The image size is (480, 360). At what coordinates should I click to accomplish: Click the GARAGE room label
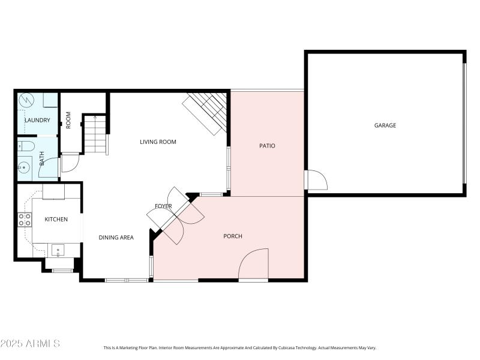385,125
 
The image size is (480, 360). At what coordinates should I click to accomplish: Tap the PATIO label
267,146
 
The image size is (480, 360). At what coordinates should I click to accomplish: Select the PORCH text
233,236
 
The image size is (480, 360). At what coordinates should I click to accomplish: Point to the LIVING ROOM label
158,142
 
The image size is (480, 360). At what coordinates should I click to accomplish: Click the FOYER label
163,206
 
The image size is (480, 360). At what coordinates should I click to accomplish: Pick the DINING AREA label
116,238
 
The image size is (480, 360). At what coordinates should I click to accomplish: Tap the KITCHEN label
56,220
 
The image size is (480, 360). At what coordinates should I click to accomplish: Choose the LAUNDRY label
37,121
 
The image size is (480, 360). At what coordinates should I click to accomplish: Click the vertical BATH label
42,158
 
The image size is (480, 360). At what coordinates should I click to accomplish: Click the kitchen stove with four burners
25,220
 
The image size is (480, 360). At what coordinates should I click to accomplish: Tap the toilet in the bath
26,146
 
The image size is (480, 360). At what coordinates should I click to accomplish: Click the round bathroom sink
25,167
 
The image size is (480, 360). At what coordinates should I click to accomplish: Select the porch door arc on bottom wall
253,264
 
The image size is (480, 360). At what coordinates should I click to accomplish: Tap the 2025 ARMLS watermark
30,344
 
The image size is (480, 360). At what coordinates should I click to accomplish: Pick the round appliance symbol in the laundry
26,100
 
